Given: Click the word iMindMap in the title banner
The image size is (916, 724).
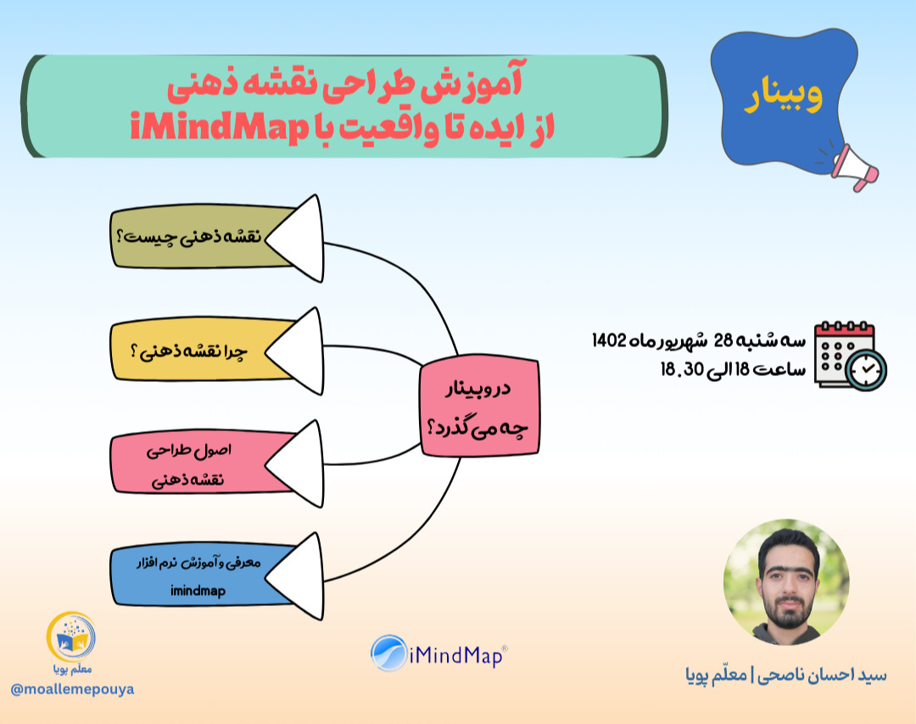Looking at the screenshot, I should tap(220, 130).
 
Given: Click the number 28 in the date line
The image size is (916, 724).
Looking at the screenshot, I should tap(723, 341).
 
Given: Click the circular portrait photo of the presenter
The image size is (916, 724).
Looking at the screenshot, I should tap(785, 583).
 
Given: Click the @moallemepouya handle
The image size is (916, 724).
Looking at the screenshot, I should tap(72, 689).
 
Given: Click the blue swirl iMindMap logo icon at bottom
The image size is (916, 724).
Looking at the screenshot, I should tap(388, 654).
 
